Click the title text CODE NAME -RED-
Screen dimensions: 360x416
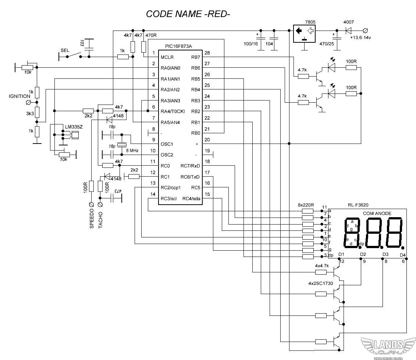tap(188, 14)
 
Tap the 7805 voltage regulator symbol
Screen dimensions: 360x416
tap(305, 33)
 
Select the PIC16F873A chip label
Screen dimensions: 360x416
tap(178, 46)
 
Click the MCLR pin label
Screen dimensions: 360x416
tap(167, 57)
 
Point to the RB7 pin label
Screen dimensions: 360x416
tap(196, 57)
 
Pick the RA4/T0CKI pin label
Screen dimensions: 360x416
tap(173, 111)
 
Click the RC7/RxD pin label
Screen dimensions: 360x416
tap(190, 166)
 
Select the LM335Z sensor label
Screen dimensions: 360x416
tap(74, 127)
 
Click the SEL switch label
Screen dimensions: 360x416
tap(65, 50)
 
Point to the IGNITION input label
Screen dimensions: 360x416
tap(19, 96)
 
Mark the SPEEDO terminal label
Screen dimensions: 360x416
tap(92, 219)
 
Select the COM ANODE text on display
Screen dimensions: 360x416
tap(377, 213)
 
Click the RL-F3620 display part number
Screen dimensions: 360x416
tap(358, 205)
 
